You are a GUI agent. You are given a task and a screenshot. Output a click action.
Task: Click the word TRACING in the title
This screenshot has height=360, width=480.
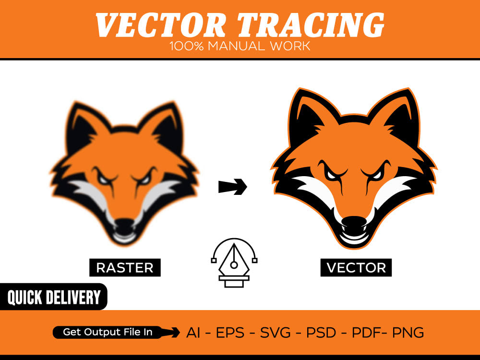311,25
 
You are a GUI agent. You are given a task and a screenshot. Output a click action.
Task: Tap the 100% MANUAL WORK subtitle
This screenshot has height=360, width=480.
240,47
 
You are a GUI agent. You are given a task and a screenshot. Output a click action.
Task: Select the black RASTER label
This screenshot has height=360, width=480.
125,267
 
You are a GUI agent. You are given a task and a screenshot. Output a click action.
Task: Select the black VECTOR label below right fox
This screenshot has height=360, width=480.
356,267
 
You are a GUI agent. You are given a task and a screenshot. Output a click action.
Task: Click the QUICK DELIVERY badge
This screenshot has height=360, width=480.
54,298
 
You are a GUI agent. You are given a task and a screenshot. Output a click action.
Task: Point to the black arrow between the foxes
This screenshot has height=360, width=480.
232,187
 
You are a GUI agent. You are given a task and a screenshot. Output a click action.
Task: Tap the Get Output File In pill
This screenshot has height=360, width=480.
108,332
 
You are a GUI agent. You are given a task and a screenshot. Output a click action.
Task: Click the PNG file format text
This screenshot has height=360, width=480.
408,332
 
